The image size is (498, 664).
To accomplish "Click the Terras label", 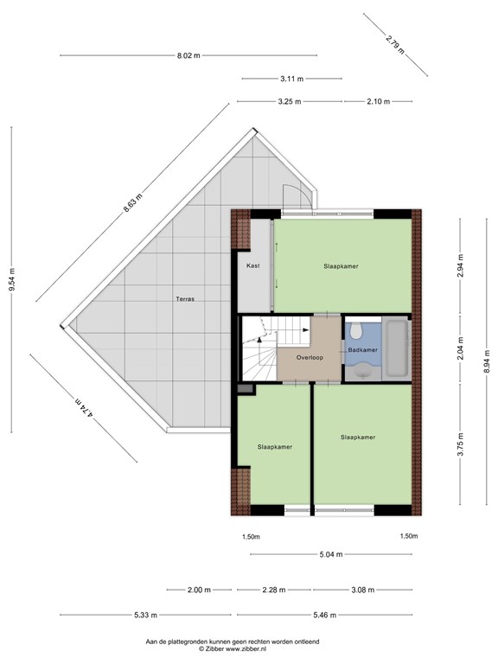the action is (x=185, y=299).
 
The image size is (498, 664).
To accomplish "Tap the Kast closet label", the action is (x=252, y=266).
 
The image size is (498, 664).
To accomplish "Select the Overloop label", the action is (x=310, y=357).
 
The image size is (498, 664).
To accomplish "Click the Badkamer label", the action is (x=362, y=350).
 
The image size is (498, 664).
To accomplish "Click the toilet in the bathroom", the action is (x=355, y=330).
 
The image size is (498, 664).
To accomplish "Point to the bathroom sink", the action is (x=363, y=373).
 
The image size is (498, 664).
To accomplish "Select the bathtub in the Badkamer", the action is (x=396, y=348).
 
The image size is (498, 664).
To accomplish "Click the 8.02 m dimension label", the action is (x=188, y=55).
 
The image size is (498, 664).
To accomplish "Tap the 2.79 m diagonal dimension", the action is (x=395, y=44).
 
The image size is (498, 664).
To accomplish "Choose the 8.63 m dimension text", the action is (x=132, y=202).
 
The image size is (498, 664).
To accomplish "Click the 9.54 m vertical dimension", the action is (x=12, y=279).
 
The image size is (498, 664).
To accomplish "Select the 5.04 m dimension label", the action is (x=331, y=554).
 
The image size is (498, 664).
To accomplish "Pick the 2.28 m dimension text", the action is (x=273, y=590).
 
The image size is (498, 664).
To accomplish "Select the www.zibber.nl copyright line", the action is (x=233, y=648).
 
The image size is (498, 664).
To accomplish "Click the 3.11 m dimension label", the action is (x=291, y=79).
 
